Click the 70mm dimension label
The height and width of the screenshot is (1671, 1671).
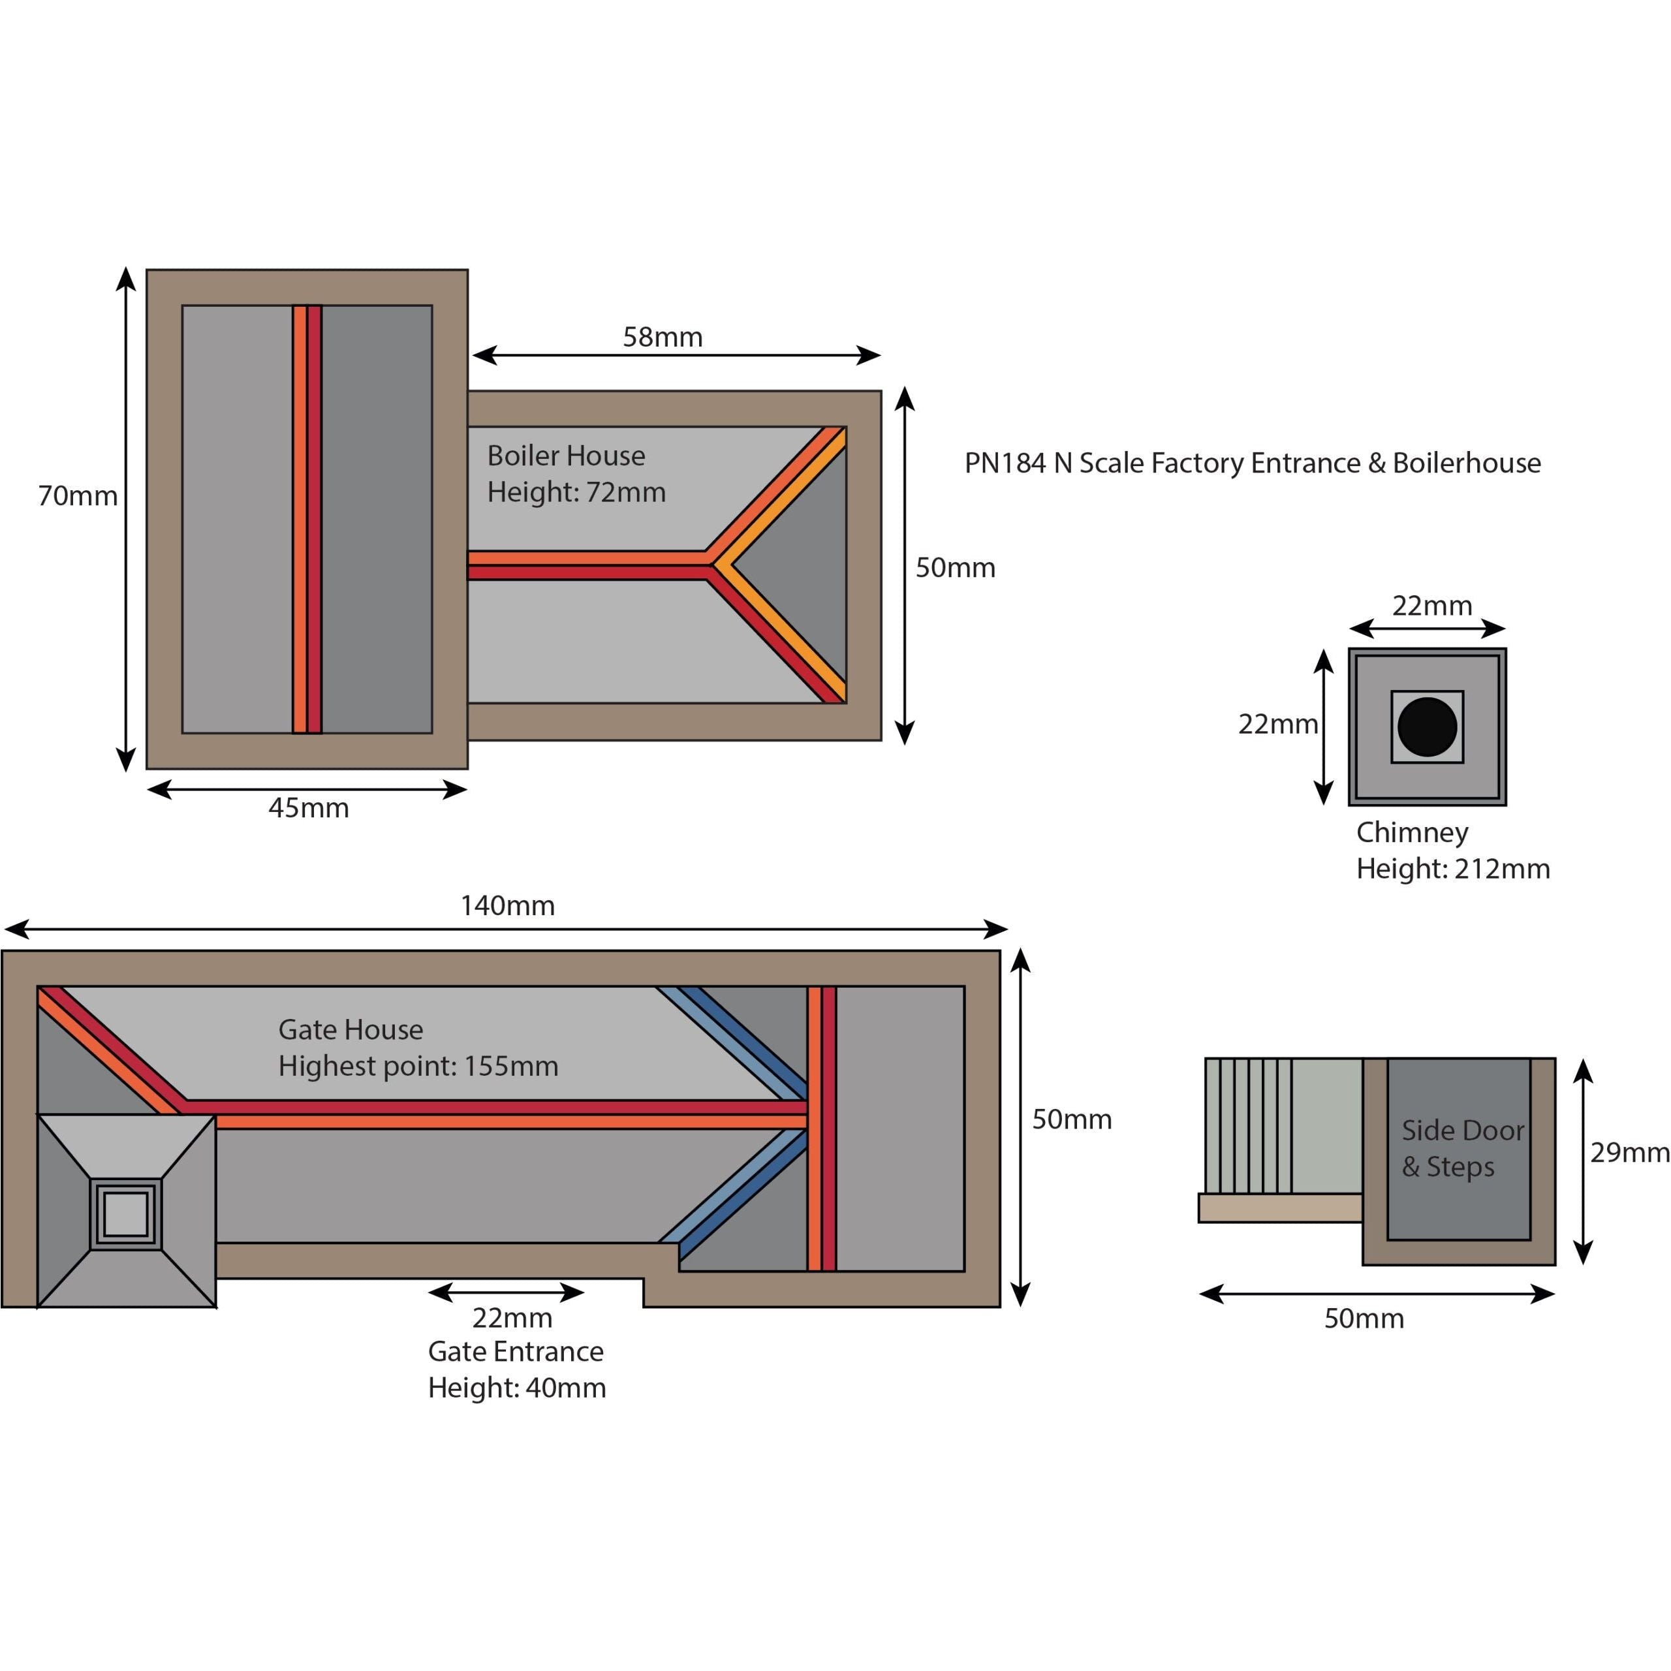click(x=78, y=497)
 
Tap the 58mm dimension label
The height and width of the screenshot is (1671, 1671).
click(x=663, y=337)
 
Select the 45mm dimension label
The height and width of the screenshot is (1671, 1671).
click(x=309, y=808)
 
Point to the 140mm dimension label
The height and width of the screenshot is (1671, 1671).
click(x=508, y=905)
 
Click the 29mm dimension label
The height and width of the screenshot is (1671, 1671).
click(x=1629, y=1152)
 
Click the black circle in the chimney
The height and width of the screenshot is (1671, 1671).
click(x=1427, y=726)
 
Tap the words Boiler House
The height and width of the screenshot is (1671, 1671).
click(x=566, y=456)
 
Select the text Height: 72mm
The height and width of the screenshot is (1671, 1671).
click(x=576, y=492)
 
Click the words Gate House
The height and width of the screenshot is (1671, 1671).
click(x=351, y=1029)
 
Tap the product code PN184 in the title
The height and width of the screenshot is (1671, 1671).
click(x=1005, y=463)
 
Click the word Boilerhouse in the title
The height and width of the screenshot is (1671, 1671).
click(x=1466, y=463)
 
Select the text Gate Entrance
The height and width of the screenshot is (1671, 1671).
click(x=516, y=1351)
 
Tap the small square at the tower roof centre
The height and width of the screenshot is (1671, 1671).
click(x=125, y=1214)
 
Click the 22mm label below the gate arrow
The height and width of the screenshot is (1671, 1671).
click(x=512, y=1317)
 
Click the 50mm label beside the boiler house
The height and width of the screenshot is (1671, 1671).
click(x=955, y=569)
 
